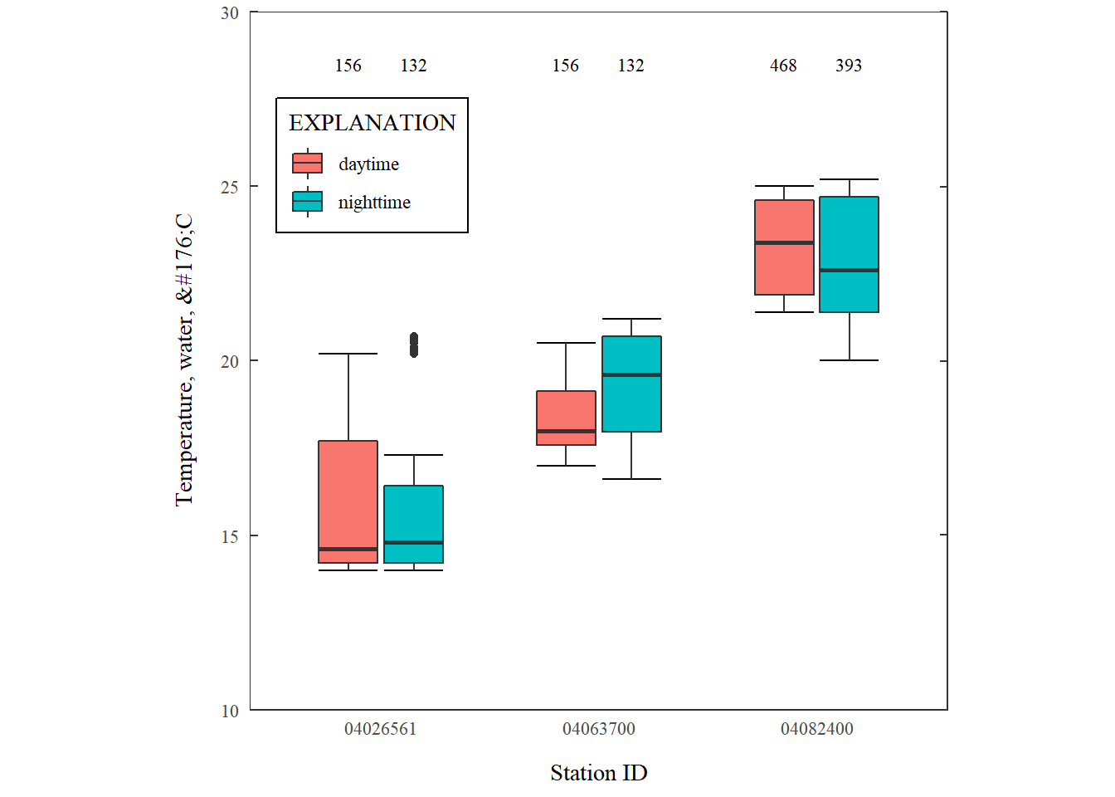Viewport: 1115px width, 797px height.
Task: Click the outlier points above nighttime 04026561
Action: click(x=414, y=345)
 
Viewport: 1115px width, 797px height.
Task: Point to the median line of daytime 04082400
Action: click(x=784, y=243)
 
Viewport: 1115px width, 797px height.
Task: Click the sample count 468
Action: click(x=783, y=66)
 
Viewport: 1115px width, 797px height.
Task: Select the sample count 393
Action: click(x=849, y=66)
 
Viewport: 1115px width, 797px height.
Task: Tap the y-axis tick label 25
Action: click(x=230, y=188)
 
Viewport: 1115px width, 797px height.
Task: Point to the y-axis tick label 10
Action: click(x=230, y=711)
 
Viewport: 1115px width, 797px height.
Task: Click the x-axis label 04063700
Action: click(x=598, y=729)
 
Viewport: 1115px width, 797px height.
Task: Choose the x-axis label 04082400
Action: click(x=816, y=729)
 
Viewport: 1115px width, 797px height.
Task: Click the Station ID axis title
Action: click(x=598, y=773)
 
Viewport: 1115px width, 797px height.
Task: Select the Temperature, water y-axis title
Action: click(x=184, y=359)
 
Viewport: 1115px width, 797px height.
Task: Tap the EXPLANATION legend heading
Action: click(x=372, y=123)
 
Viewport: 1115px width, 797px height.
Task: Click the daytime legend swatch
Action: click(x=307, y=164)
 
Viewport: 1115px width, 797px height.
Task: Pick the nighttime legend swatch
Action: click(x=307, y=202)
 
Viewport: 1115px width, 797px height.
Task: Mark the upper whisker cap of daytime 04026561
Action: click(x=348, y=354)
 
